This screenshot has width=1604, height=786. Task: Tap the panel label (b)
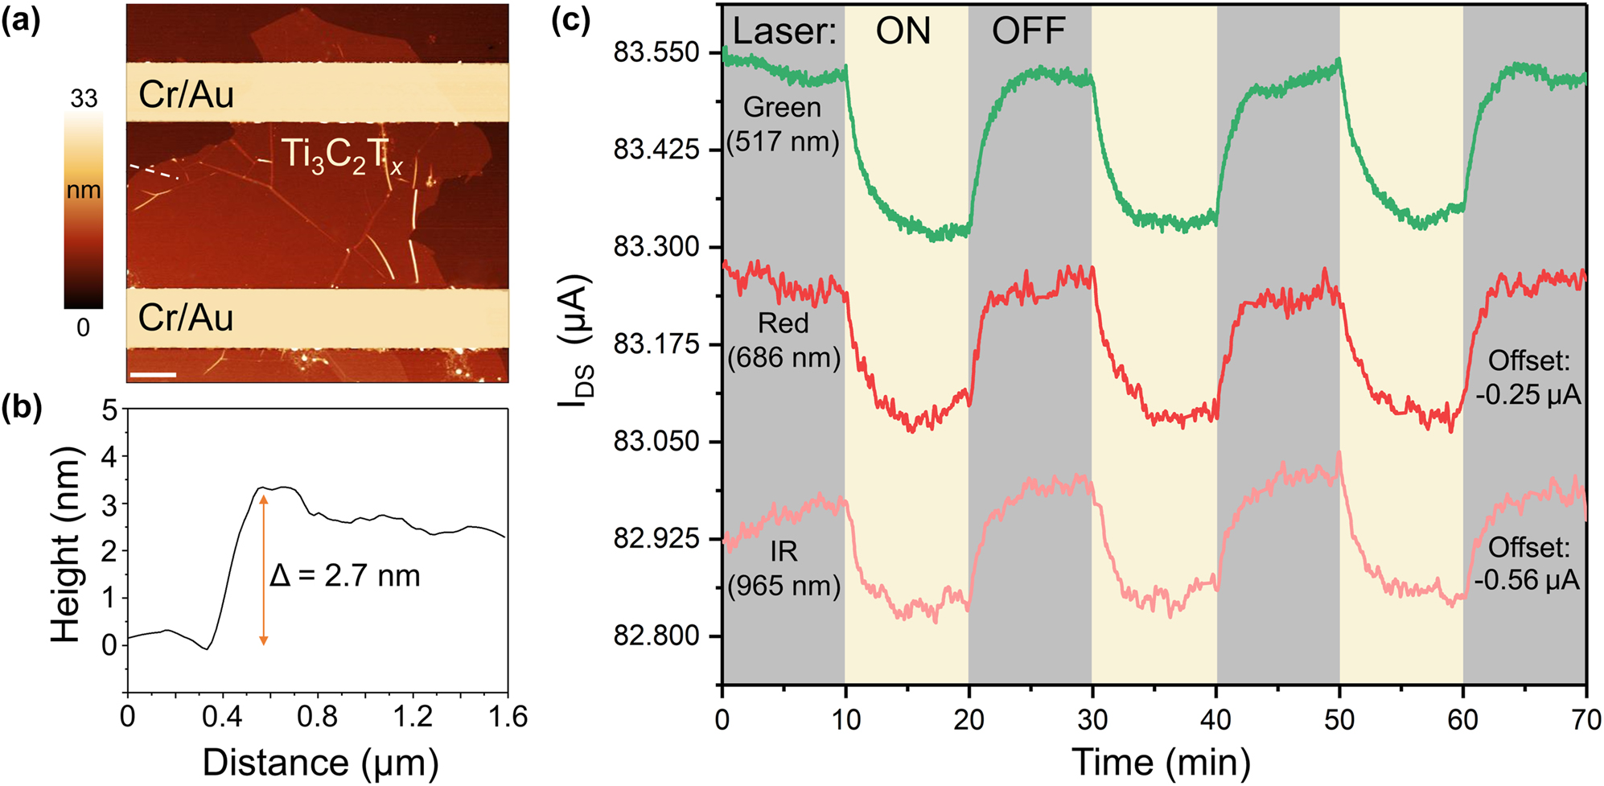[x=21, y=409]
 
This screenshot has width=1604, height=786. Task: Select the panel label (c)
[x=571, y=19]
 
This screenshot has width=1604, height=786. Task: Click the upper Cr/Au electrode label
[x=186, y=95]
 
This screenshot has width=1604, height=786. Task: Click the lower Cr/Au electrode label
[x=186, y=318]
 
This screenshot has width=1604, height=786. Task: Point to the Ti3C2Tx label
[x=341, y=155]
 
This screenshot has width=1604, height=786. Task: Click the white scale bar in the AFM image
[x=153, y=374]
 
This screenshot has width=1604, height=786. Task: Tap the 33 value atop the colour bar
[x=84, y=99]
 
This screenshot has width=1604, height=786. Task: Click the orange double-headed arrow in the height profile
[x=263, y=570]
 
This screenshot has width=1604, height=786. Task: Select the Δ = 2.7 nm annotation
[x=345, y=576]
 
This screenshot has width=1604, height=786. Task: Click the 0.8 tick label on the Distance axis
[x=317, y=717]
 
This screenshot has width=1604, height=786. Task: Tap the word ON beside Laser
[x=903, y=31]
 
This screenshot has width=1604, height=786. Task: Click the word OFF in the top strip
[x=1028, y=31]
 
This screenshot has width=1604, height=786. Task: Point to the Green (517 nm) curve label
[x=783, y=124]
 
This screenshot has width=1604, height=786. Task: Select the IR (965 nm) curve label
[x=783, y=568]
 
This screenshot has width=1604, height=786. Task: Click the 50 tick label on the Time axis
[x=1339, y=719]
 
